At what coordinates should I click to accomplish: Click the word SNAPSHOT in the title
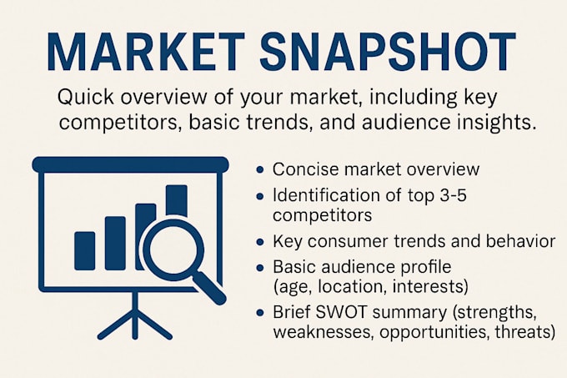[x=387, y=52]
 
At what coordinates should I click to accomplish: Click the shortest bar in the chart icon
[x=84, y=251]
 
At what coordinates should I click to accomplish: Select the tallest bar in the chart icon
[x=177, y=201]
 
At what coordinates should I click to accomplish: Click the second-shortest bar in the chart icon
[x=115, y=243]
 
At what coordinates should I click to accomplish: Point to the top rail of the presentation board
[x=131, y=164]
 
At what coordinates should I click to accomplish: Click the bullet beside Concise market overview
[x=259, y=169]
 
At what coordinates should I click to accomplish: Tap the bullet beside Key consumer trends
[x=259, y=242]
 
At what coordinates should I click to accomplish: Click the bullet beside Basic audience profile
[x=259, y=268]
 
